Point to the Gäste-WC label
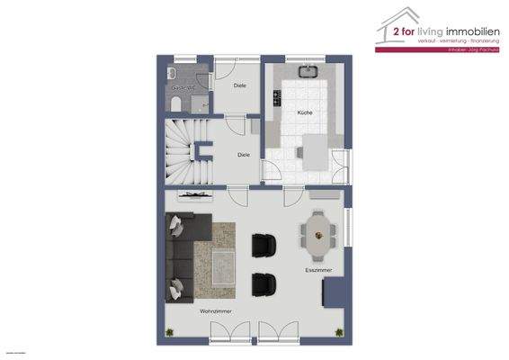183,88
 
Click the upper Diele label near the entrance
239,85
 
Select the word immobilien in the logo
467,35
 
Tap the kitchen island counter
314,151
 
